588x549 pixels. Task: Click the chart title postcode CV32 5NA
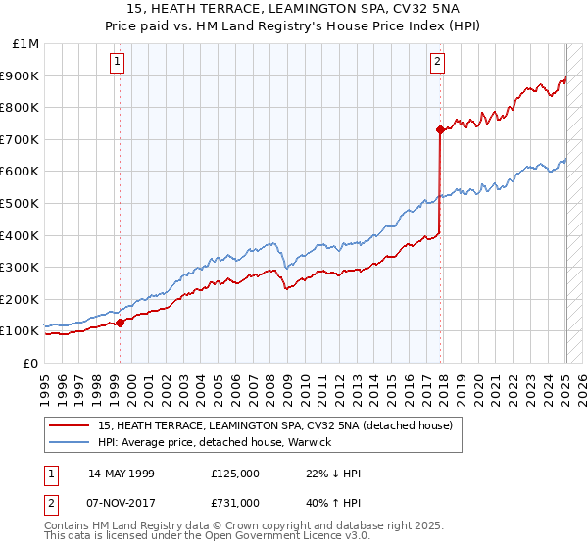click(415, 9)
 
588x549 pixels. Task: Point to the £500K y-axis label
click(20, 204)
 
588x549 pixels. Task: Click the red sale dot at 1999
click(120, 323)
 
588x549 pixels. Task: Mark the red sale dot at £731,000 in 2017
click(440, 129)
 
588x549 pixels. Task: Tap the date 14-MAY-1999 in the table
click(122, 474)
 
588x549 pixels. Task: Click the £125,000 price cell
click(235, 474)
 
